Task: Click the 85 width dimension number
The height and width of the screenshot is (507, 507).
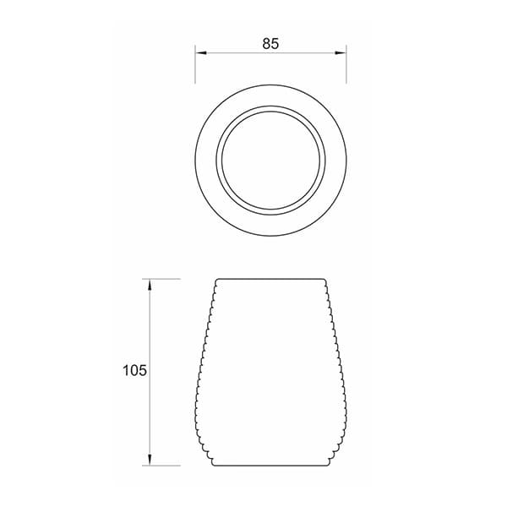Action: pyautogui.click(x=270, y=44)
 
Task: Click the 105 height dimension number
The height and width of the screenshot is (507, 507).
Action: pyautogui.click(x=134, y=370)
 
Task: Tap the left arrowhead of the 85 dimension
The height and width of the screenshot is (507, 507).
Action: pyautogui.click(x=201, y=52)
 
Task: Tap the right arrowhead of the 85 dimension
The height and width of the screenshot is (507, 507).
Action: pyautogui.click(x=341, y=52)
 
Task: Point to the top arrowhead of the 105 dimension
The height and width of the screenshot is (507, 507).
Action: pyautogui.click(x=150, y=284)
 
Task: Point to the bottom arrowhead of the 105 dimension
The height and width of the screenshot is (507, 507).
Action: pyautogui.click(x=150, y=460)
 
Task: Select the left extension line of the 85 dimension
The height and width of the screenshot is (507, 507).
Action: pyautogui.click(x=195, y=64)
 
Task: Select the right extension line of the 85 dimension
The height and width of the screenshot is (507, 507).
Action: pyautogui.click(x=346, y=64)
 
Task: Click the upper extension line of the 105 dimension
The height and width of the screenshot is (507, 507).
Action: pyautogui.click(x=161, y=279)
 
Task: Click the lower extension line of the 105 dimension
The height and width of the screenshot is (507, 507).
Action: pyautogui.click(x=161, y=466)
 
